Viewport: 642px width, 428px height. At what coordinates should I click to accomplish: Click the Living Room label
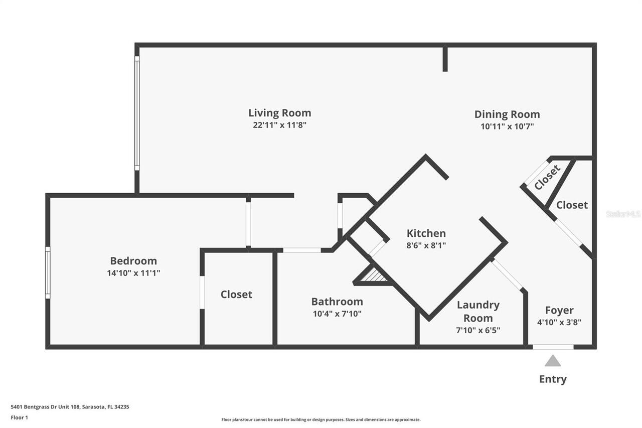[279, 113]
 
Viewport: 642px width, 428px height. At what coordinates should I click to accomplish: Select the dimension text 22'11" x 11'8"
[279, 125]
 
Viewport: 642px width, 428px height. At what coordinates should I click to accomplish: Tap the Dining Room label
[507, 114]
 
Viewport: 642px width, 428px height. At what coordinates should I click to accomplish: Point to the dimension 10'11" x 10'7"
[507, 127]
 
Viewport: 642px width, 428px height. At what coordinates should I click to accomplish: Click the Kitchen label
[426, 233]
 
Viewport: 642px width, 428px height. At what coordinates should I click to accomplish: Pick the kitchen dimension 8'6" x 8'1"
[426, 245]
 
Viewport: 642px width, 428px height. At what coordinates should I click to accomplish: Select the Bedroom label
[133, 261]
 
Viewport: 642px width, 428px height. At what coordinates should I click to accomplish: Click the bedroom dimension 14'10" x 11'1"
[133, 273]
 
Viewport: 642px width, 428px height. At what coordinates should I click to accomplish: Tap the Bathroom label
[337, 302]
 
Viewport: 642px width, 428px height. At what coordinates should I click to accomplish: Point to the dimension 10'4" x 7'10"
[337, 314]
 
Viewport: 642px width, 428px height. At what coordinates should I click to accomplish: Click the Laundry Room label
[477, 312]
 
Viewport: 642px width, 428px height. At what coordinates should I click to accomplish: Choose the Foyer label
[559, 310]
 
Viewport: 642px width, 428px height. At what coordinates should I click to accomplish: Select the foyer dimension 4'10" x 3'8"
[559, 323]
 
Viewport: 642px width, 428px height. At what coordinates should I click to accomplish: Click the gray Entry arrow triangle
[553, 361]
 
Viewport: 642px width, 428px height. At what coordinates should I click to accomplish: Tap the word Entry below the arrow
[553, 379]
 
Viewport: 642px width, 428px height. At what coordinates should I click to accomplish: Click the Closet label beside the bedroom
[236, 295]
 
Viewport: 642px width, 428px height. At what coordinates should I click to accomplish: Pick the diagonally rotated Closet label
[547, 178]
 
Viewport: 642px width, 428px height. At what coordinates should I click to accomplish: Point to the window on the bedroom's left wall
[48, 272]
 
